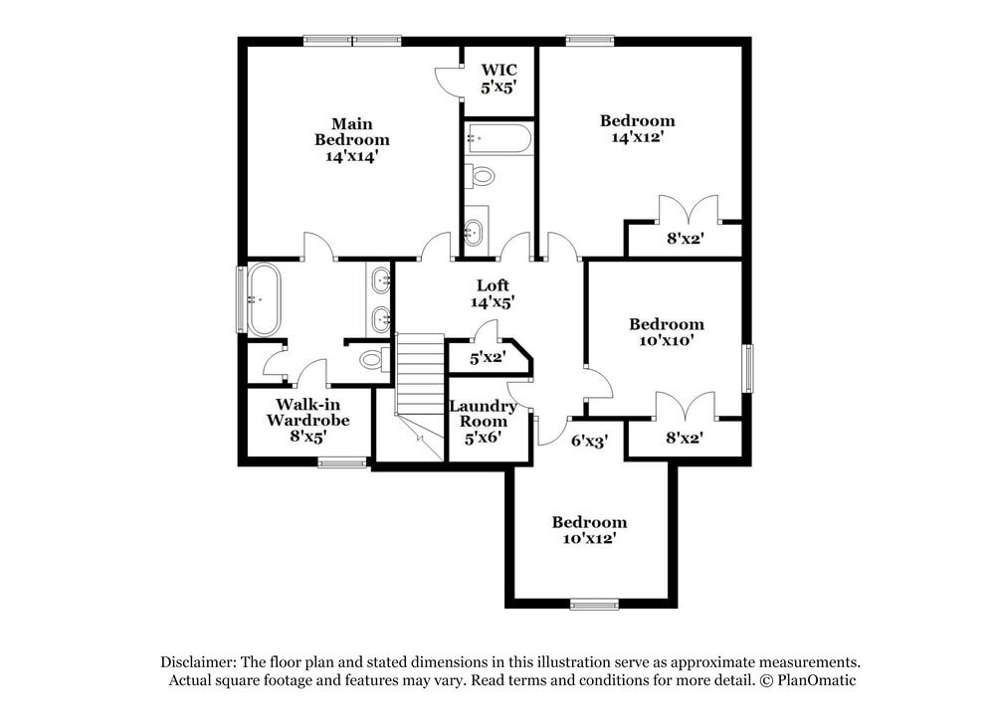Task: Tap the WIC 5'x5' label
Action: [498, 79]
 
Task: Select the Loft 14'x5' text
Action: [492, 293]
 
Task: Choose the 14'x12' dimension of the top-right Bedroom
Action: [637, 137]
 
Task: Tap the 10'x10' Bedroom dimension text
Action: [666, 340]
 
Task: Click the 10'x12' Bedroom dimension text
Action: [589, 538]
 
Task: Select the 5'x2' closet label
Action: [488, 357]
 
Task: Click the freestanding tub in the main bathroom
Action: [264, 298]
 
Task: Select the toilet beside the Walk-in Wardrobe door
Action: [373, 358]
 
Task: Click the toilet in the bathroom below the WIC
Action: [482, 177]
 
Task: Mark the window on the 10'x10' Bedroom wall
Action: [748, 369]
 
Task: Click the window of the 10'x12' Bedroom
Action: [594, 603]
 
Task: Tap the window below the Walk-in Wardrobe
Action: [342, 462]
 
